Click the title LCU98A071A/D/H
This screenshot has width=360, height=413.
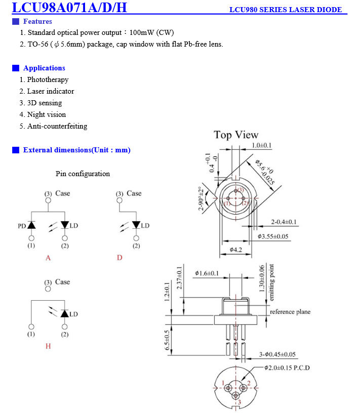[x=69, y=7]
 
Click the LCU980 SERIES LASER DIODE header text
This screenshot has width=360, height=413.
[x=286, y=10]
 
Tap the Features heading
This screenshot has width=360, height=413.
[x=37, y=21]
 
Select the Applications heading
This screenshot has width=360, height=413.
[x=44, y=68]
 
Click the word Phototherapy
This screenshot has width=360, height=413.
[x=48, y=79]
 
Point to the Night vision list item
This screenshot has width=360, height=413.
[x=43, y=114]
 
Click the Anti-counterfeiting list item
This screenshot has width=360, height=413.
[x=53, y=126]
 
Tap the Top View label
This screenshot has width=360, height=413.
[x=236, y=135]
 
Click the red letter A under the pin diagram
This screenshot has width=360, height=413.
[x=48, y=258]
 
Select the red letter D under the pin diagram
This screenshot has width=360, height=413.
[x=119, y=258]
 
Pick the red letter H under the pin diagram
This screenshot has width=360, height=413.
[x=48, y=346]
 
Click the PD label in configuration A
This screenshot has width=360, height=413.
[x=22, y=226]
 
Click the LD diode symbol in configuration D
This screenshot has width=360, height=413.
[x=136, y=225]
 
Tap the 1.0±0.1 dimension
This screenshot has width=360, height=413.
[x=261, y=145]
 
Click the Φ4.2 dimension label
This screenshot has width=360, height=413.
[x=235, y=250]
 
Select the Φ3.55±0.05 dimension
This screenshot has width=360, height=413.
[x=273, y=236]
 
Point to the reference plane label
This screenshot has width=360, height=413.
[x=290, y=312]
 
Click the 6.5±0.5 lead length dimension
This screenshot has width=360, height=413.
[x=167, y=340]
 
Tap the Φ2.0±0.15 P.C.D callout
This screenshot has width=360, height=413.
[x=287, y=367]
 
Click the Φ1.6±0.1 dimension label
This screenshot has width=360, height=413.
[x=207, y=273]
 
